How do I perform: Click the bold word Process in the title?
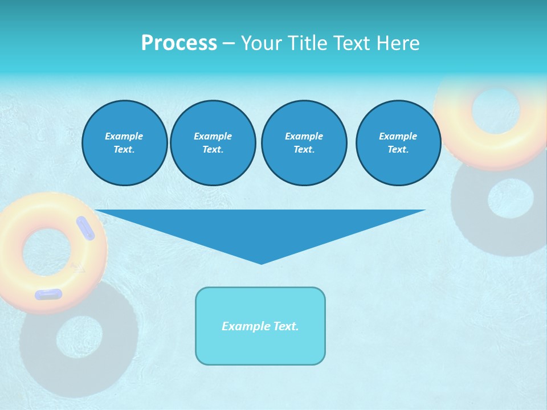point(179,43)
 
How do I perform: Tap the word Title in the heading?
point(306,43)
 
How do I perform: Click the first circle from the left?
point(124,143)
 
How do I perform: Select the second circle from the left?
point(213,143)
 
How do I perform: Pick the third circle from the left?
point(304,143)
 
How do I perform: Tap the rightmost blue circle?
point(398,143)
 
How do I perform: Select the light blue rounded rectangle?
point(260,347)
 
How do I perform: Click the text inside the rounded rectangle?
point(260,326)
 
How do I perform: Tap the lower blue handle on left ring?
point(48,294)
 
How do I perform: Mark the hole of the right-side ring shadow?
point(511,198)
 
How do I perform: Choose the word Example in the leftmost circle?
point(124,136)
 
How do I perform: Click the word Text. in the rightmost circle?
point(398,150)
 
